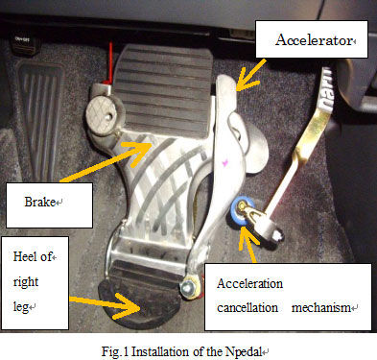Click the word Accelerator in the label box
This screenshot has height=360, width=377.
(314, 40)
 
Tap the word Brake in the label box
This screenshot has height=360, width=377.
(39, 202)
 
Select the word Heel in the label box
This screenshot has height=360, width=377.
(26, 256)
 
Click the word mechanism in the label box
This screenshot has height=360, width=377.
(321, 307)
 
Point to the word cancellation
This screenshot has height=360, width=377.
(247, 307)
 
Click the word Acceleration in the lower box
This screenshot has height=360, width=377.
(249, 283)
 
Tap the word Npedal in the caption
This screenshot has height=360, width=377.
(244, 352)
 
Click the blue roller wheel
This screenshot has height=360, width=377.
(241, 211)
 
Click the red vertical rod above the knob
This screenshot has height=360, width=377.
(110, 62)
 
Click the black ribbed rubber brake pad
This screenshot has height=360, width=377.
(163, 91)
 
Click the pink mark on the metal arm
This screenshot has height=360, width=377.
(224, 162)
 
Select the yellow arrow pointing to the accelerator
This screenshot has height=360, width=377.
(250, 74)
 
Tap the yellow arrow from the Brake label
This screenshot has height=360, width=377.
(106, 162)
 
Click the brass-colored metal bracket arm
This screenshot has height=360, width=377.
(312, 132)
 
